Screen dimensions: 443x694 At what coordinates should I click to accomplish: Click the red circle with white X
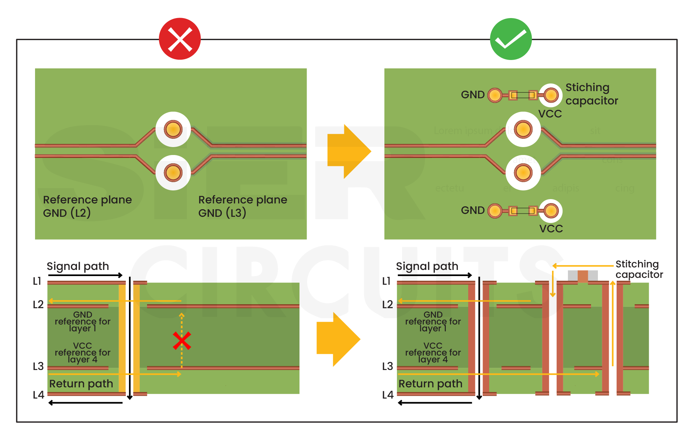point(180,39)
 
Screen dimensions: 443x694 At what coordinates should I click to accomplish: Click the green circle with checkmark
point(511,39)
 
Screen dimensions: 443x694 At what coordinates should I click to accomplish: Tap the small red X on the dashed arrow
point(182,341)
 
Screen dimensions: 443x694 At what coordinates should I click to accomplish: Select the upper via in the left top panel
point(173,129)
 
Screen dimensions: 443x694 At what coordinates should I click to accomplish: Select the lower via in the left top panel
point(173,173)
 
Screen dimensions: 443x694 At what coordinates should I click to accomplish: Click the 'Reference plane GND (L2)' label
point(87,206)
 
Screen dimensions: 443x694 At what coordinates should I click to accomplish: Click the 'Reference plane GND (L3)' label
point(242,206)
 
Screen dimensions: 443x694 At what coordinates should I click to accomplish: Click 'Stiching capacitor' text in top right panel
point(591,94)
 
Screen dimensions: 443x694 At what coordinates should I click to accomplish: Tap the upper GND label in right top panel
point(473,95)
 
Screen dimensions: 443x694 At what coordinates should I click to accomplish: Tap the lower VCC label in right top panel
point(551,229)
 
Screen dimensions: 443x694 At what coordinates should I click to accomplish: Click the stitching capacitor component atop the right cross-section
point(583,276)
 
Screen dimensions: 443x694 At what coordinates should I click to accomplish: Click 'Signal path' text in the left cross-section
point(78,266)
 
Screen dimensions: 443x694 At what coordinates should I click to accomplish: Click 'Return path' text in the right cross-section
point(430,384)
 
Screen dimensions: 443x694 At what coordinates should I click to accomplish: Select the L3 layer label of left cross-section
point(38,366)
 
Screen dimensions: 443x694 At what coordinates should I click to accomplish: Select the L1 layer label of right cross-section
point(386,281)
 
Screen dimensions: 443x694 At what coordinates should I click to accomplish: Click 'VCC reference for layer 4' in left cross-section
point(82,352)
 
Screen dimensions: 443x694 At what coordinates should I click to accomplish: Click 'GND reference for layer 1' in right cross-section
point(433,321)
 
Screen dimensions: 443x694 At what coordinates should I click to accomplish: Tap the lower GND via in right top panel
point(495,211)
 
